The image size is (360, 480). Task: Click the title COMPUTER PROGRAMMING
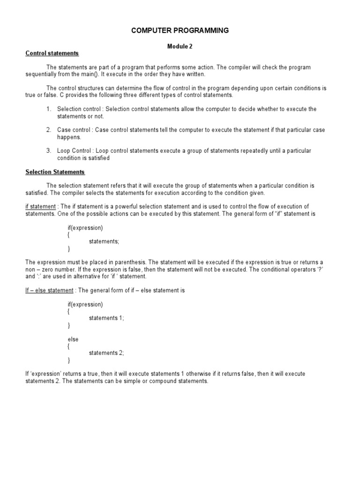click(x=180, y=30)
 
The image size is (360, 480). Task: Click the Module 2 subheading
click(x=180, y=46)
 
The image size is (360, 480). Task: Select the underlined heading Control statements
click(x=52, y=53)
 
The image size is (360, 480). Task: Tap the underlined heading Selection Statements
click(x=55, y=172)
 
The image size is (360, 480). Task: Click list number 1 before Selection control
click(x=48, y=109)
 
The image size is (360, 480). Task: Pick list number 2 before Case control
click(x=48, y=130)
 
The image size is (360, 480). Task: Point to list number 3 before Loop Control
click(x=48, y=151)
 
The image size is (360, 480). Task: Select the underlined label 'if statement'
click(x=40, y=207)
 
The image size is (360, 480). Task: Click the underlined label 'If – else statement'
click(x=49, y=291)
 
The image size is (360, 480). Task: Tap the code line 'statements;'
click(x=104, y=241)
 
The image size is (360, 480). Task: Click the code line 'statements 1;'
click(x=106, y=318)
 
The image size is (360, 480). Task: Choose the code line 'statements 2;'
click(x=106, y=353)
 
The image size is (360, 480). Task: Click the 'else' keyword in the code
click(x=73, y=339)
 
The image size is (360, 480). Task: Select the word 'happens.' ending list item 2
click(x=69, y=137)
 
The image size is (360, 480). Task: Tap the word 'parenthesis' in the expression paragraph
click(x=127, y=262)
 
